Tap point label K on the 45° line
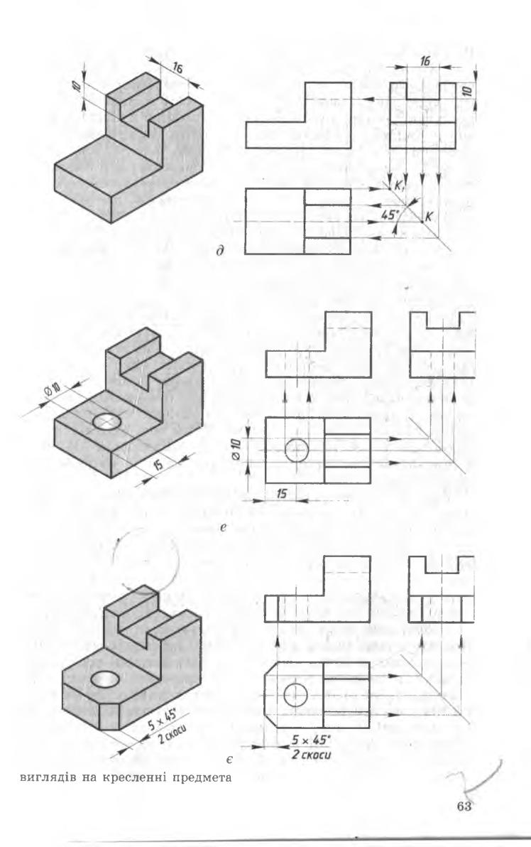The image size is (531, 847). click(429, 216)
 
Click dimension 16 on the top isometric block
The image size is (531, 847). click(177, 68)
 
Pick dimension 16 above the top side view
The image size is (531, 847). click(425, 62)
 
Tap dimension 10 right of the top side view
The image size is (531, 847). click(468, 91)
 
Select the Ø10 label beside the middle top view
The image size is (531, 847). click(235, 449)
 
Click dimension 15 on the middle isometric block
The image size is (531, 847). click(158, 463)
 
